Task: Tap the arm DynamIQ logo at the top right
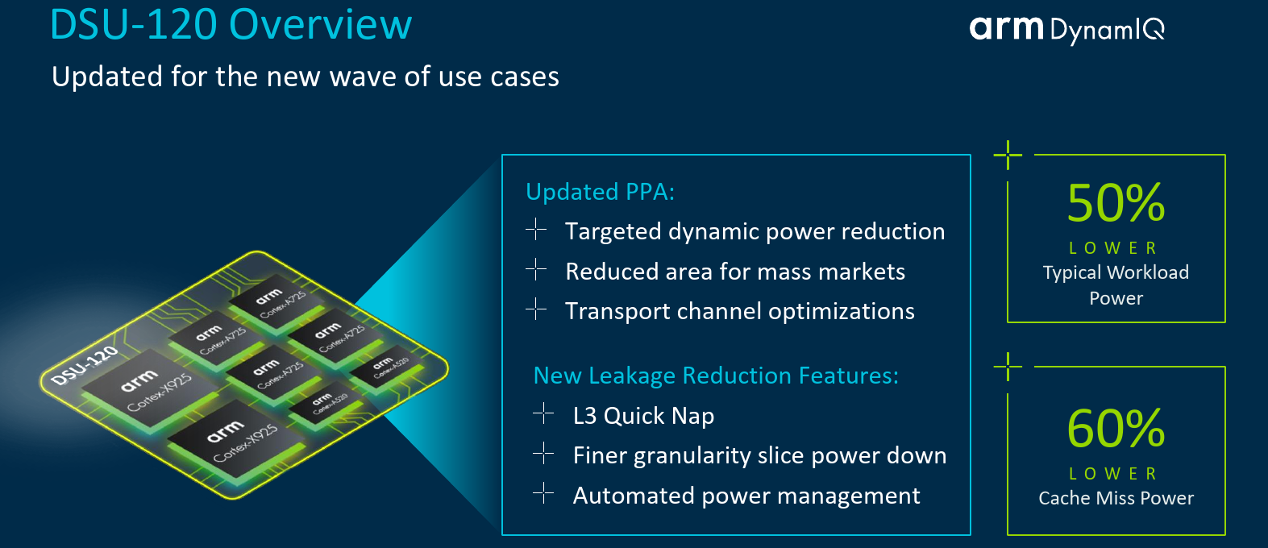1067,30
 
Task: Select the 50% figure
1116,202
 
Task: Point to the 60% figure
1116,429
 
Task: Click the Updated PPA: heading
600,192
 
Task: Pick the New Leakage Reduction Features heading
716,376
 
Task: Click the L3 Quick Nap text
643,416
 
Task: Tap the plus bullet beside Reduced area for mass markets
536,269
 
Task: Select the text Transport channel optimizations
740,311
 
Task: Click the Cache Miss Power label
1116,498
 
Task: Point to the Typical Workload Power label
1116,284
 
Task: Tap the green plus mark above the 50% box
1008,155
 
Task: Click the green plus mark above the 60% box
1008,367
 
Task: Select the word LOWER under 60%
1113,474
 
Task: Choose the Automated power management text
746,496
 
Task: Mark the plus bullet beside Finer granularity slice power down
543,454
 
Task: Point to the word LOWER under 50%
1113,248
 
